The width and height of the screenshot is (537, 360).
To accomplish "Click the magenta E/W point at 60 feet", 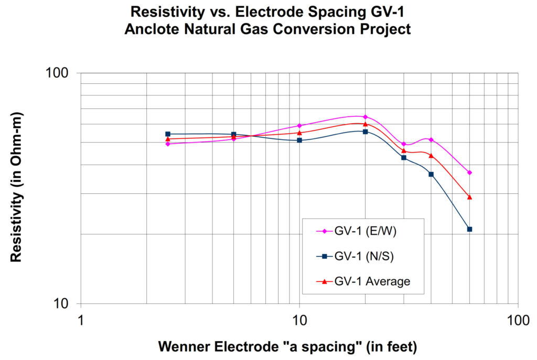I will pyautogui.click(x=469, y=172).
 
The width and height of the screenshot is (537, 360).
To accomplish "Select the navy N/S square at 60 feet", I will pyautogui.click(x=469, y=229).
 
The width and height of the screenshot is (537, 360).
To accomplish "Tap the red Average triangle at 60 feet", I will pyautogui.click(x=469, y=197).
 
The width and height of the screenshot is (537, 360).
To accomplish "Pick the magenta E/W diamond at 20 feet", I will pyautogui.click(x=365, y=117).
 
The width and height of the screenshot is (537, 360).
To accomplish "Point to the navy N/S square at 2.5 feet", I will pyautogui.click(x=168, y=134).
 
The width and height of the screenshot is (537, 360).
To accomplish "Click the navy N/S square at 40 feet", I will pyautogui.click(x=431, y=174).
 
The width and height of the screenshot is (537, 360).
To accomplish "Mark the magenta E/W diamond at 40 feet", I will pyautogui.click(x=431, y=139).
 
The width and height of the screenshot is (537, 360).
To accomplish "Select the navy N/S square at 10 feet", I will pyautogui.click(x=299, y=140).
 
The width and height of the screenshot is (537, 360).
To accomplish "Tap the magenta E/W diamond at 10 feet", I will pyautogui.click(x=299, y=126).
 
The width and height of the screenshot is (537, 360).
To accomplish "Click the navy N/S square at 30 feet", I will pyautogui.click(x=404, y=158).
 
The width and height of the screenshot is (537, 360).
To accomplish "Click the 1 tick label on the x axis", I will pyautogui.click(x=80, y=320).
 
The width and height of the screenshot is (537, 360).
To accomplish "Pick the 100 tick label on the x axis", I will pyautogui.click(x=518, y=320).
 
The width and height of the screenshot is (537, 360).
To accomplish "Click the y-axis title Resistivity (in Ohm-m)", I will pyautogui.click(x=16, y=187).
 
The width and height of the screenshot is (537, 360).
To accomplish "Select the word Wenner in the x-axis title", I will pyautogui.click(x=181, y=346).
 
